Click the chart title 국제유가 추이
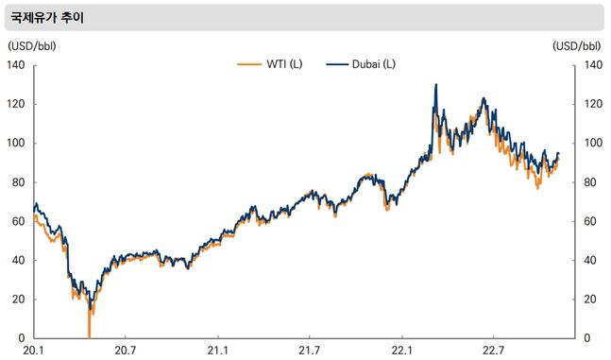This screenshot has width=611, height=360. [x=47, y=17]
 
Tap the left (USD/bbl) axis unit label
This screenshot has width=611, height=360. [x=32, y=45]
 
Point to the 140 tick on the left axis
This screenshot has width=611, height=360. [x=17, y=65]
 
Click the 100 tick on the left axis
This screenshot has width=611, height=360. [x=17, y=144]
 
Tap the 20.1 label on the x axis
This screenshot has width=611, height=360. [x=33, y=351]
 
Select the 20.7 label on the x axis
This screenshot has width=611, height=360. [x=125, y=351]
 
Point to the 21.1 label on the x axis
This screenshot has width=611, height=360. [x=217, y=351]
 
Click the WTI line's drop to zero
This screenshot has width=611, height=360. [x=89, y=335]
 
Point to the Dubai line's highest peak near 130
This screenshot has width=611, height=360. [x=435, y=85]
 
